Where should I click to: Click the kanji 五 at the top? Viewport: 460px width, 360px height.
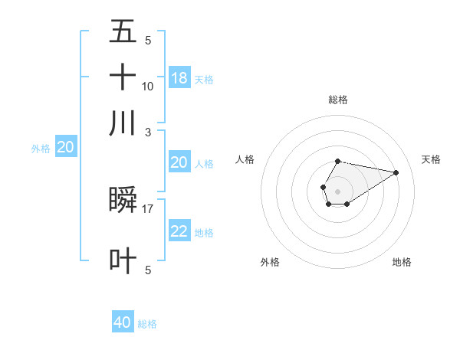tap(123, 31)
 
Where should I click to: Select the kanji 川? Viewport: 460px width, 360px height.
tap(123, 123)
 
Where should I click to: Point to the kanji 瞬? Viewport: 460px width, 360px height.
tap(123, 199)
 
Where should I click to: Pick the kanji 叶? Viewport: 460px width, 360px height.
tap(123, 260)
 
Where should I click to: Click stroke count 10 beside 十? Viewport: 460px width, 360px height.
tap(148, 86)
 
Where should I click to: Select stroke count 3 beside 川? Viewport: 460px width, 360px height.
tap(148, 132)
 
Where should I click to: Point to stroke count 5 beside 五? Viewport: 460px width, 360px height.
tap(148, 41)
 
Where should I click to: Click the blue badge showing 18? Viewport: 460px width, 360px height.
tap(179, 77)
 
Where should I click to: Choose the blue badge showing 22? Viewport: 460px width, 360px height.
tap(179, 231)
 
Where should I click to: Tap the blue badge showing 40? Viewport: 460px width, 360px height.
tap(123, 322)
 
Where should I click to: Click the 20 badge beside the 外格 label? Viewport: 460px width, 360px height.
tap(65, 148)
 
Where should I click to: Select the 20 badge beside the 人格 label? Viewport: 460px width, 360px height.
tap(179, 162)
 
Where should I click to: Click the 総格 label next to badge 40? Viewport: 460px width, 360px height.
tap(147, 324)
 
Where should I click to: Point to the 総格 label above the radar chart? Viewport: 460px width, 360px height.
tap(337, 100)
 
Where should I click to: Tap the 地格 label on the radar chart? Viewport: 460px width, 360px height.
tap(402, 262)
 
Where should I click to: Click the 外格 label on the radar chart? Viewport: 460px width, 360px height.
tap(270, 262)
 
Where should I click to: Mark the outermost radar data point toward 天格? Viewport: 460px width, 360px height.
tap(396, 172)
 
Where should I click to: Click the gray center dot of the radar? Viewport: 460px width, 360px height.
tap(337, 190)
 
